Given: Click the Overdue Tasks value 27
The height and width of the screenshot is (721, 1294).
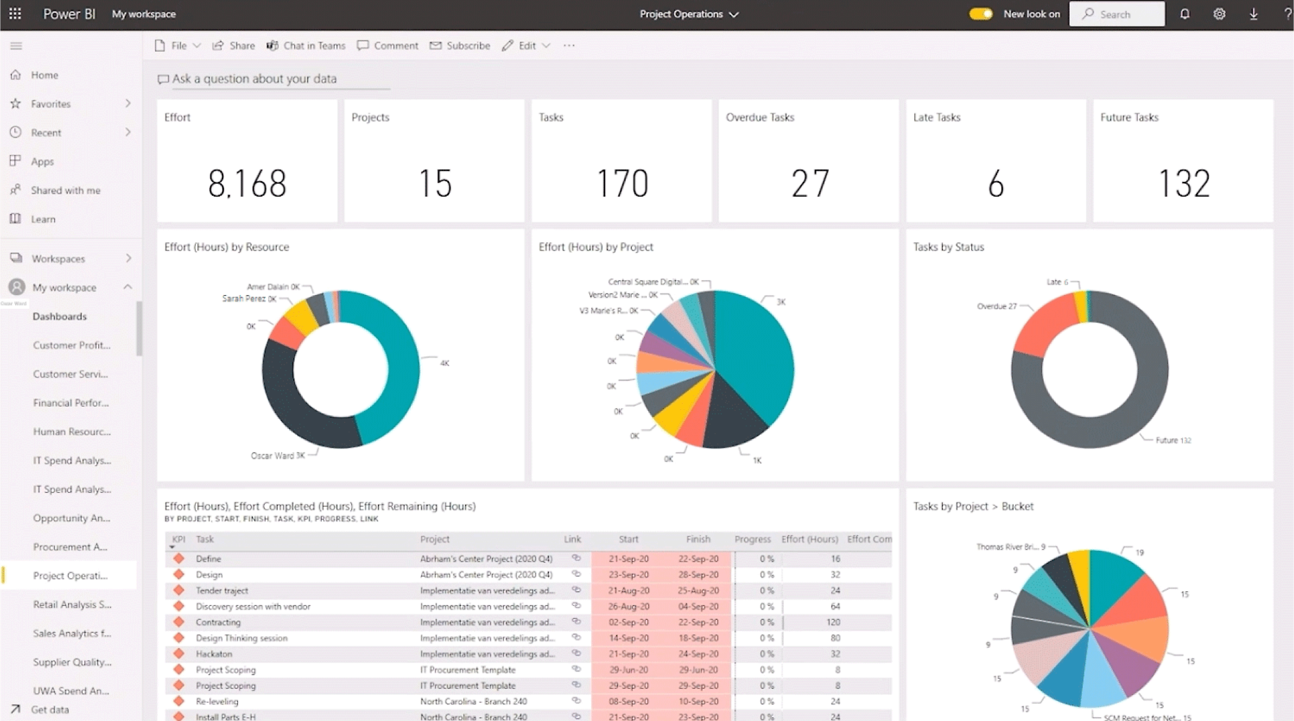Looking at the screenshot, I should coord(809,184).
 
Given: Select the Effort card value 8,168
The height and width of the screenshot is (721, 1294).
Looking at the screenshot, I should coord(247,184).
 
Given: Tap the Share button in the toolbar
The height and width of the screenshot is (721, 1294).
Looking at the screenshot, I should coord(234,45).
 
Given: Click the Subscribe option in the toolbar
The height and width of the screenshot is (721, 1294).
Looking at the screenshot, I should coord(460,45).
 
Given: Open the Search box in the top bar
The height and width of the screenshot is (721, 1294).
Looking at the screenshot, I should coord(1116,14).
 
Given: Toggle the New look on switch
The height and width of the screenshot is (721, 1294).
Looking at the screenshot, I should coord(981,14).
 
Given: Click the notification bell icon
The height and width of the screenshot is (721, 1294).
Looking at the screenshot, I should coord(1184,14).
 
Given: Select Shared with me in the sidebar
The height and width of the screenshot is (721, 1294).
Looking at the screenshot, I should coord(65,190).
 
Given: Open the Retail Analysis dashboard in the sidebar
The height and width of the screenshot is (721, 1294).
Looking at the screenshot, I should coord(72,604).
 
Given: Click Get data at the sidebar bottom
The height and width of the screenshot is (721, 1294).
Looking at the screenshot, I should coord(50,709).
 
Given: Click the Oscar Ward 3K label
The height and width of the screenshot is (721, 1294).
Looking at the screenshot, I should coord(277,456).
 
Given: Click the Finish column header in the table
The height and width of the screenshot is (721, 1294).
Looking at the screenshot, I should coord(698,539).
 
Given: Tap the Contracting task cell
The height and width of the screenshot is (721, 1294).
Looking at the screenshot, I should coord(218,622).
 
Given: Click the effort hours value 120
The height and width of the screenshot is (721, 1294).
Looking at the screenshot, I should coord(833,622).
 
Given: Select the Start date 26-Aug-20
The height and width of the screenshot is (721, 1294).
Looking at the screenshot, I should coord(628,606).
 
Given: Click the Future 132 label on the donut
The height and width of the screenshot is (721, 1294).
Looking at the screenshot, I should coord(1173,440).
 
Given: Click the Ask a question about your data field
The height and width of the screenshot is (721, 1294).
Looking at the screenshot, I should coord(254,79).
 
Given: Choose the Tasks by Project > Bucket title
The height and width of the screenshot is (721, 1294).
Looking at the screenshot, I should coord(973,506).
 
